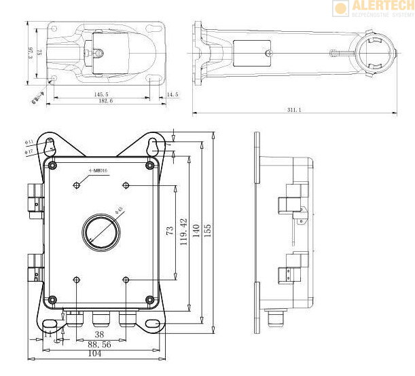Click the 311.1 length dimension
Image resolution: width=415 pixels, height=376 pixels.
click(x=295, y=109)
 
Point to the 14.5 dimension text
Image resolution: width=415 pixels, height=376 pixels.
click(x=173, y=94)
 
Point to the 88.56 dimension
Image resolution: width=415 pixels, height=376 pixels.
click(x=100, y=344)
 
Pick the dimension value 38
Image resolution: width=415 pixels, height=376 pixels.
click(x=99, y=334)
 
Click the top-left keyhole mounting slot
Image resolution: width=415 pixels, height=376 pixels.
click(x=50, y=145)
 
